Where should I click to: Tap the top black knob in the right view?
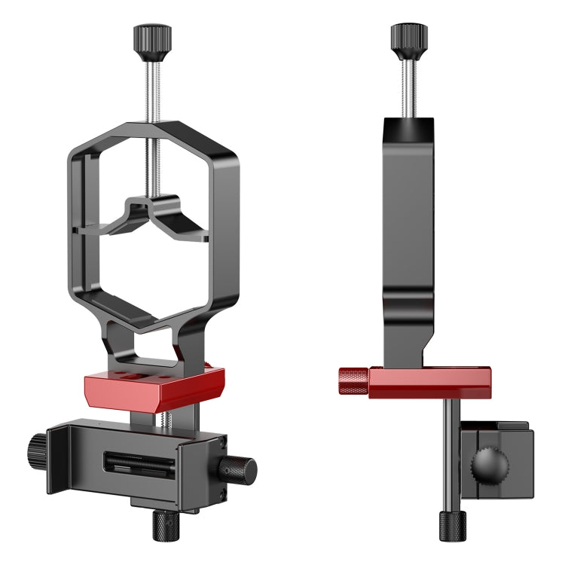point(409,38)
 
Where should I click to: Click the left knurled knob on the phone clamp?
point(36,452)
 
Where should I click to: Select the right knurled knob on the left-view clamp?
point(237,469)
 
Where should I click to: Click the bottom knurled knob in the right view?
point(453,525)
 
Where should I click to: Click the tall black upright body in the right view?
point(408,226)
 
